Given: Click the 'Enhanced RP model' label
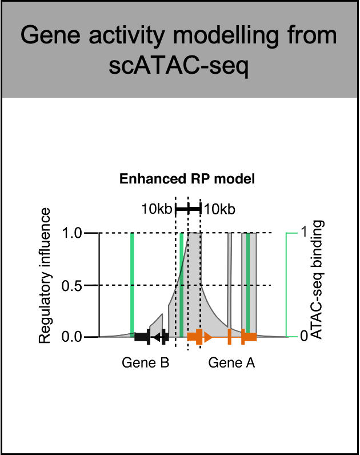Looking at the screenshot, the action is [x=187, y=179].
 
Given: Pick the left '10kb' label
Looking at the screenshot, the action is [x=157, y=209].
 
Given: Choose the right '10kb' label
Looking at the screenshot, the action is [x=220, y=209].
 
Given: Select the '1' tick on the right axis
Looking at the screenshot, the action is [x=305, y=233].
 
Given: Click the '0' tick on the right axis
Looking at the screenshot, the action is [x=305, y=337].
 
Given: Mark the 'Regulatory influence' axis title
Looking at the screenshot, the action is [x=45, y=276].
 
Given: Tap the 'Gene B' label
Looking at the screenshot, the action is [x=145, y=362].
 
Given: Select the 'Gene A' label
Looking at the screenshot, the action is [x=231, y=362].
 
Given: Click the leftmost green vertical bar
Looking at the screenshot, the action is [x=131, y=283].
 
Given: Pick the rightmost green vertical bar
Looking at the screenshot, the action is [x=249, y=283].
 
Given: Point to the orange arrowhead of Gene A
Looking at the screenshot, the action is [x=208, y=337].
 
